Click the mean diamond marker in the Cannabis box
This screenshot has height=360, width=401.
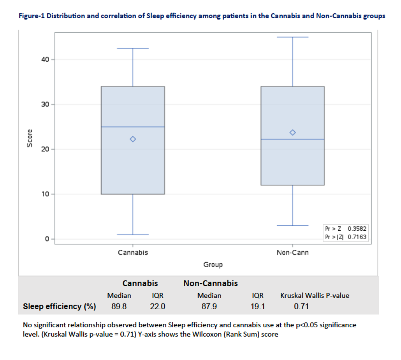[133, 139]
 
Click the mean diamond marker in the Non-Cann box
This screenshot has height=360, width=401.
[293, 133]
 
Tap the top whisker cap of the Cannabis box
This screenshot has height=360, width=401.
[133, 48]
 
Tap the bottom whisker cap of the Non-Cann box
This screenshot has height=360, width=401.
[293, 226]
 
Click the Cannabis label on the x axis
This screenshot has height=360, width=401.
[133, 252]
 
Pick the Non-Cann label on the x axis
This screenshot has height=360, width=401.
[292, 252]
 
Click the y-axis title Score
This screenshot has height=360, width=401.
[29, 138]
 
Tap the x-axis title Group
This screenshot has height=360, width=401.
[213, 265]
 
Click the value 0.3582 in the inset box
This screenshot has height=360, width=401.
[357, 229]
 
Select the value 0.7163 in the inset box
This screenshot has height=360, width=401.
[357, 236]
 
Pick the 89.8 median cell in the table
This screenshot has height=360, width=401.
[119, 307]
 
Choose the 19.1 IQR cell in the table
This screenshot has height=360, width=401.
[257, 307]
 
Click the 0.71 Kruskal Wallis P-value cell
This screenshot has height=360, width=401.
[301, 307]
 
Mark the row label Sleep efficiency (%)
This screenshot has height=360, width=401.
[60, 306]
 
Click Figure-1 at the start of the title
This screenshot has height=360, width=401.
[32, 16]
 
